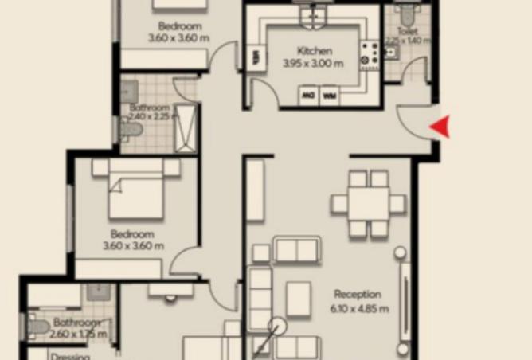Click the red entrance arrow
440,126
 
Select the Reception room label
357,294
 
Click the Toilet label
406,32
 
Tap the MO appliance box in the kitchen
308,96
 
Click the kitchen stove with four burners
370,53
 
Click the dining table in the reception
368,204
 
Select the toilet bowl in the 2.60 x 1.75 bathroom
38,326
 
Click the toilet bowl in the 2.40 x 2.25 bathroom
130,128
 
